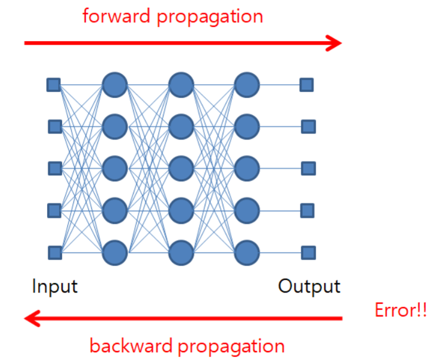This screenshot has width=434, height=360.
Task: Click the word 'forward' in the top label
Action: pos(117,16)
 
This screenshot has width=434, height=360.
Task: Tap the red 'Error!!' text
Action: pos(401,311)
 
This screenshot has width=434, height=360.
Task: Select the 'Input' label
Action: pos(55,286)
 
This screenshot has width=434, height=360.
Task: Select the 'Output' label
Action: pos(309,286)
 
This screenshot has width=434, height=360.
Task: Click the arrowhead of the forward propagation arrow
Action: pos(334,42)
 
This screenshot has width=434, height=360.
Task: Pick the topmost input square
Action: pos(54,85)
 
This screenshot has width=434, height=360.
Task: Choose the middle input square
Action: pos(54,168)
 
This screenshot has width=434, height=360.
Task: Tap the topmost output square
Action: pos(307,85)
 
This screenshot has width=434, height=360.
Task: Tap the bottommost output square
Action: pos(308,252)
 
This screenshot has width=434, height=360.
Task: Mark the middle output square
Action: pos(308,168)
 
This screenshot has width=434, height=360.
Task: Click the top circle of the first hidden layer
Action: pos(114,85)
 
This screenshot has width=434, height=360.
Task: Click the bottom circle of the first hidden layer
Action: pos(114,252)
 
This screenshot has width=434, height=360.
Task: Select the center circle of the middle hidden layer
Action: pos(181,168)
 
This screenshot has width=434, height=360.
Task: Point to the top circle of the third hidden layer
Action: pos(247,85)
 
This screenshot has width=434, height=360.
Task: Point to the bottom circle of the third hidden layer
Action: pos(247,252)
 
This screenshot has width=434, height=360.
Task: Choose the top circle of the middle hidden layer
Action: pos(181,85)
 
